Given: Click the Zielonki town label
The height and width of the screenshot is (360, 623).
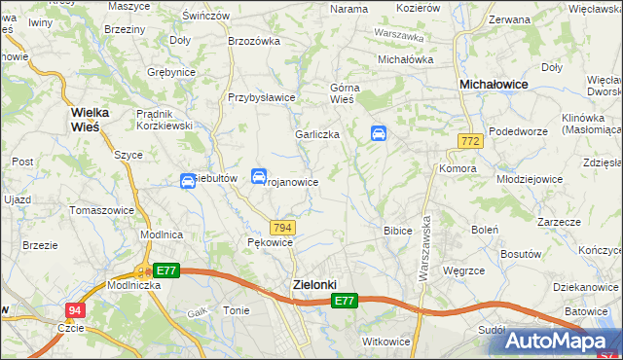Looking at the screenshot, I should coord(315,284).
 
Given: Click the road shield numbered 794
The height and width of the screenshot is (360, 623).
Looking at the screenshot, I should coord(281,227).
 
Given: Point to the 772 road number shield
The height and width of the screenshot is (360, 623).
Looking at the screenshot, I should coord(470,142).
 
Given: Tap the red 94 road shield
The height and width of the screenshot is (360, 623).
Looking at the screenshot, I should coord(75,310).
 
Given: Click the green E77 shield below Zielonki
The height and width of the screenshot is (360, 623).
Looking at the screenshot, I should coord(344,302).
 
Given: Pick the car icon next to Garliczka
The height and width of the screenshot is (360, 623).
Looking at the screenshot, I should coord(379,134).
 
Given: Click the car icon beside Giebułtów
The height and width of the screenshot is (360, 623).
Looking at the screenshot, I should coord(188,181).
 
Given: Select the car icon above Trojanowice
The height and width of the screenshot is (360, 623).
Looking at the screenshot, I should coord(259,176).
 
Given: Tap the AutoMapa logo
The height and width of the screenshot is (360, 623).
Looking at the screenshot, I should coord(561,341).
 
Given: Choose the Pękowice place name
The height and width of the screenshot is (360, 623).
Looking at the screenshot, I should coord(270,242).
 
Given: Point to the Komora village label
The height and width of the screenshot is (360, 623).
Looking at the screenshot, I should coord(457,168).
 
